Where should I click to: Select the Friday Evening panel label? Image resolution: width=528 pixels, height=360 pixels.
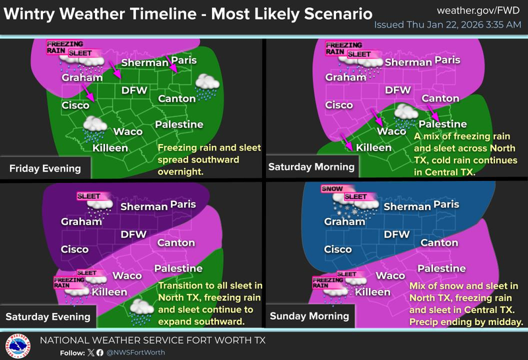click(x=45, y=168)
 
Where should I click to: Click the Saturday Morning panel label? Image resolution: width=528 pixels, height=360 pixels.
click(x=311, y=167)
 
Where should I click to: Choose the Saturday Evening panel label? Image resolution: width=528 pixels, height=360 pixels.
click(x=48, y=316)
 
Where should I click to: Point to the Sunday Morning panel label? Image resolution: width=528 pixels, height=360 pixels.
click(x=310, y=316)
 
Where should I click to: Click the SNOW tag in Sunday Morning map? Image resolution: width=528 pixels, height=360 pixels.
click(x=331, y=189)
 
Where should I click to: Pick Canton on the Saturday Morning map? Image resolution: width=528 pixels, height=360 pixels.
click(x=440, y=98)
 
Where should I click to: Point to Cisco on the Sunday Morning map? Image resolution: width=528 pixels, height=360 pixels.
click(x=337, y=250)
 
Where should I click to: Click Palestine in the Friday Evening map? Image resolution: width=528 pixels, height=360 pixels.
click(x=178, y=124)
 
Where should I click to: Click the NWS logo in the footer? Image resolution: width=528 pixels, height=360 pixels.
click(x=18, y=344)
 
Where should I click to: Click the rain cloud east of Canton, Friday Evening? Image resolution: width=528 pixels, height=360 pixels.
click(x=209, y=86)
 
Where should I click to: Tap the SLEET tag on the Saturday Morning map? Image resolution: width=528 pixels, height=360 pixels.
click(x=359, y=54)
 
